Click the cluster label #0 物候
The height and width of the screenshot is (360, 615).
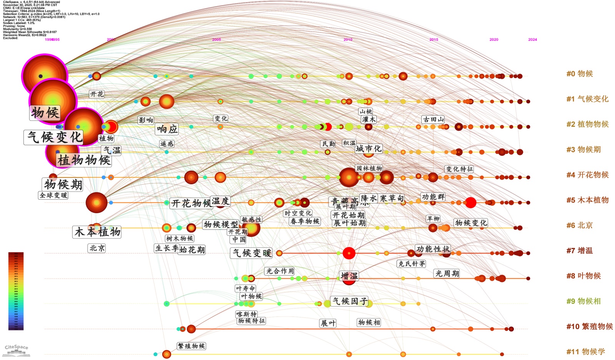click(580, 74)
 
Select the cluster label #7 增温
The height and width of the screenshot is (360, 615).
click(580, 251)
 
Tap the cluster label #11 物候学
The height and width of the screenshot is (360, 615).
click(585, 352)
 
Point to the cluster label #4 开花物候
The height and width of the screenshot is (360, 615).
click(587, 175)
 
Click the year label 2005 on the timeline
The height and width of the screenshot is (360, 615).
click(216, 40)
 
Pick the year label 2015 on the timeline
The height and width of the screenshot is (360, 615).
click(434, 40)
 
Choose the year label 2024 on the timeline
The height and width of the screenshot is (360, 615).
click(532, 40)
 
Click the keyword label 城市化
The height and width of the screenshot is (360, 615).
click(369, 148)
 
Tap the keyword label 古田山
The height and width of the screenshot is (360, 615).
click(434, 119)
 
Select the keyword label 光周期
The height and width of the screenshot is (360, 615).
click(447, 273)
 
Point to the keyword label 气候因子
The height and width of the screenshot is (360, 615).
click(350, 301)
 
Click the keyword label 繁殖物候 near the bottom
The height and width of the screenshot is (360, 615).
click(191, 346)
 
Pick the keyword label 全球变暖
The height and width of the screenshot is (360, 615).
click(54, 195)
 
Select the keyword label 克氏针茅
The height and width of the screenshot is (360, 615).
click(412, 263)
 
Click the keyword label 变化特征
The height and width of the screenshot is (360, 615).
click(459, 169)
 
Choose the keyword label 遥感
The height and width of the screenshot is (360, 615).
click(167, 144)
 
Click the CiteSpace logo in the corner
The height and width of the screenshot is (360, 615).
click(17, 349)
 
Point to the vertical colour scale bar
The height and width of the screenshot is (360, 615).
click(16, 291)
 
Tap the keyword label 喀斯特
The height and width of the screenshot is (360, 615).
click(246, 314)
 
